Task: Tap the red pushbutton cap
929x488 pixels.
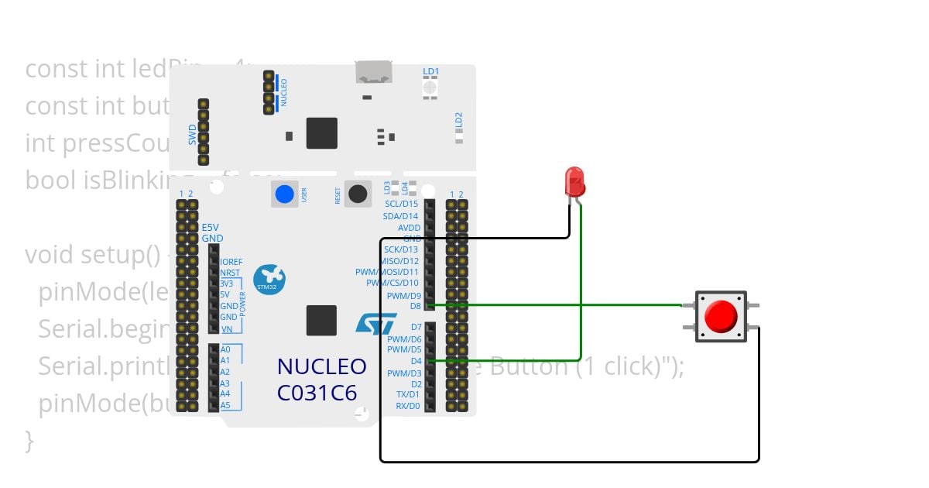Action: tap(721, 316)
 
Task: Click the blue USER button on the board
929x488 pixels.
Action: tap(285, 194)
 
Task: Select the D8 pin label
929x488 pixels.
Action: tap(415, 306)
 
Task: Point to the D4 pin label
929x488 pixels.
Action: tap(416, 361)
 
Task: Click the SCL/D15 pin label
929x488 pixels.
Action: tap(401, 204)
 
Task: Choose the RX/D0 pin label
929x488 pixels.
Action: tap(408, 406)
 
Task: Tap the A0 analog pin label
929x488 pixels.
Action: tap(225, 349)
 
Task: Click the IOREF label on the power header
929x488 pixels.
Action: tap(231, 262)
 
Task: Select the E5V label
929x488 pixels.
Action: tap(211, 228)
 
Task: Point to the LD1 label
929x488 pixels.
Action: tap(430, 71)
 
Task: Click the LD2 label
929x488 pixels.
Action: tap(458, 119)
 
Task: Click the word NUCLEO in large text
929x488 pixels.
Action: tap(321, 366)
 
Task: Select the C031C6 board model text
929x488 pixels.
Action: tap(317, 393)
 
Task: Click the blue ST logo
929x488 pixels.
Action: tap(376, 323)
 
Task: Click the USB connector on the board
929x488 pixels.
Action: tap(373, 72)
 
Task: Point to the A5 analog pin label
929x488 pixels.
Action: tap(225, 405)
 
